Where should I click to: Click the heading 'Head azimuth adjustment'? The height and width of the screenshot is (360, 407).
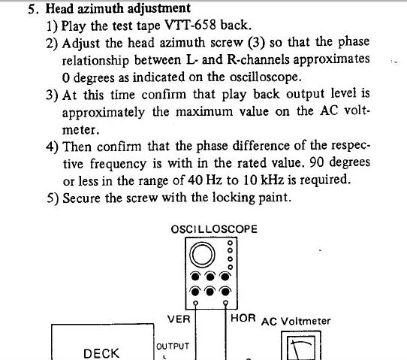pos(118,8)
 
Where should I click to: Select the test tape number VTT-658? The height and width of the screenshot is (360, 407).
pos(190,26)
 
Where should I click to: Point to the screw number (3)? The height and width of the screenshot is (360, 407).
pos(257,43)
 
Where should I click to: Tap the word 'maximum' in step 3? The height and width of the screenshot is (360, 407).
pos(204,112)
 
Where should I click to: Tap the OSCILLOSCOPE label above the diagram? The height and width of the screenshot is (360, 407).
pos(214,229)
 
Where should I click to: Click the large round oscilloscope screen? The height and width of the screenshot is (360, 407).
pos(203,255)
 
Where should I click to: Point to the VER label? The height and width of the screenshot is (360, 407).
pos(179,319)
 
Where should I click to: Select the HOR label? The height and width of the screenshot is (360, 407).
pos(243,318)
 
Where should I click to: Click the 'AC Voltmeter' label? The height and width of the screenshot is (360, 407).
pos(296,322)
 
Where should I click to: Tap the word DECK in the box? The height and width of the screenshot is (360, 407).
pos(101,353)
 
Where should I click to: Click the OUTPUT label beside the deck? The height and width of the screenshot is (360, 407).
pos(173,346)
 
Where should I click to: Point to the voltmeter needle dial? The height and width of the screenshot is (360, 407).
pos(301,346)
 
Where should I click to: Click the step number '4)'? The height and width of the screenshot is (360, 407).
pos(52,147)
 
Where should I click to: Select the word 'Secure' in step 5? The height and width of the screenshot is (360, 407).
pos(81,198)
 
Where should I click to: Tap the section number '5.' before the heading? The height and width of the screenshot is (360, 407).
pos(33,9)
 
